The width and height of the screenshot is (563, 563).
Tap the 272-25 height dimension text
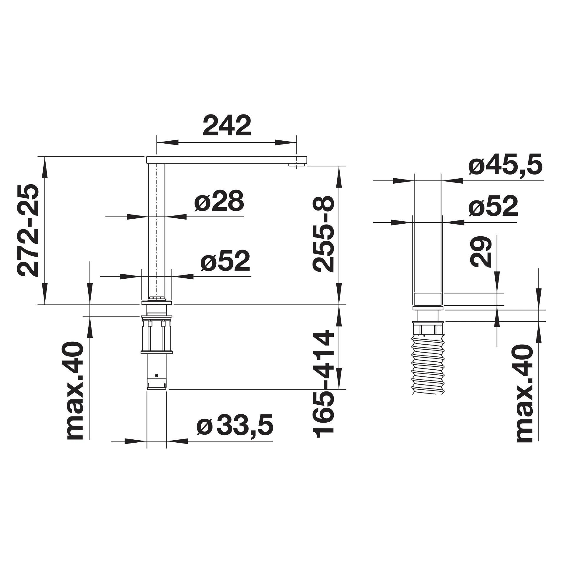(28, 230)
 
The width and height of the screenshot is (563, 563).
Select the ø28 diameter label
(219, 201)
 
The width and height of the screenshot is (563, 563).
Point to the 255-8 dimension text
(323, 234)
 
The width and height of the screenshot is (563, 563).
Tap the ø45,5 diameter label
(505, 164)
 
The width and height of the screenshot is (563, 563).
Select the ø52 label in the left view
(225, 261)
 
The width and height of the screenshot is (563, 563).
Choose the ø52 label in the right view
(493, 206)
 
